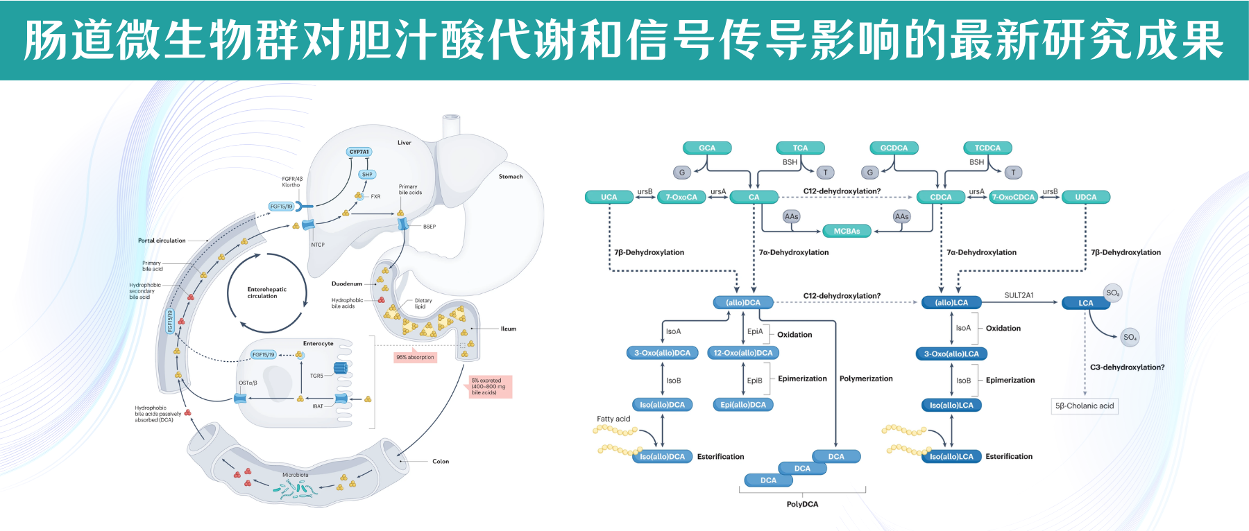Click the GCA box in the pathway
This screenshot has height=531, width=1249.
(x=706, y=148)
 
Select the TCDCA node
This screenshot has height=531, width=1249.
(x=987, y=148)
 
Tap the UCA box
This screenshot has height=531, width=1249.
(x=609, y=197)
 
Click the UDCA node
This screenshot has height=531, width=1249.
(x=1085, y=197)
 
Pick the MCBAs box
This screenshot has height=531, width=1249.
(x=847, y=231)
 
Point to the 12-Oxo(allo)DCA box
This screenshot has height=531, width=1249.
(x=742, y=353)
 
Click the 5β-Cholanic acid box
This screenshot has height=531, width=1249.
(x=1084, y=406)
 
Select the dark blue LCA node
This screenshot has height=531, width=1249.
(x=1085, y=303)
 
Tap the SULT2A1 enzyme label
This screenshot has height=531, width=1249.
(x=1019, y=295)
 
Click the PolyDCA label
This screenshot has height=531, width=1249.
(x=802, y=504)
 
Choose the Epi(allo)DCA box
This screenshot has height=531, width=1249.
(x=742, y=405)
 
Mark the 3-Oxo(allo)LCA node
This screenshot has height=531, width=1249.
(x=951, y=354)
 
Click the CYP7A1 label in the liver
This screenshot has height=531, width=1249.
(x=359, y=152)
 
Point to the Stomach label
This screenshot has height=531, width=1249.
(x=510, y=177)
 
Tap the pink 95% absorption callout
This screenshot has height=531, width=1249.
(x=415, y=358)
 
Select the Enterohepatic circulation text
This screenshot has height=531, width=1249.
(x=266, y=293)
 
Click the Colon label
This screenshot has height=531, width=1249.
(x=440, y=461)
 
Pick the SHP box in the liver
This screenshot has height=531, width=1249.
(x=367, y=175)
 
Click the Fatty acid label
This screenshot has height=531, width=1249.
(x=613, y=419)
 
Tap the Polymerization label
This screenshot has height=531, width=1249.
(x=866, y=378)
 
